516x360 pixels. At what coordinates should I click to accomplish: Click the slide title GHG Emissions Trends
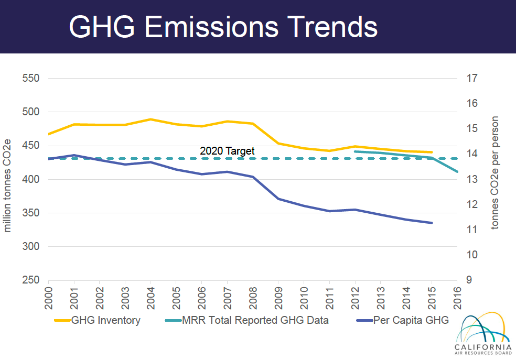223,26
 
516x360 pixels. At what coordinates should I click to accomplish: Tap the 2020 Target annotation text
227,151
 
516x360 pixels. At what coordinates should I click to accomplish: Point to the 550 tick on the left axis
31,79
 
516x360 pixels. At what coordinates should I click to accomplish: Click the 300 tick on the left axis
31,247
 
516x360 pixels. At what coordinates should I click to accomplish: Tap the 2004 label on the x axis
150,298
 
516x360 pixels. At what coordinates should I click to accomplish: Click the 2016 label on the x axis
457,298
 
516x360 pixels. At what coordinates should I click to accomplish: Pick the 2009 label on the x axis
278,298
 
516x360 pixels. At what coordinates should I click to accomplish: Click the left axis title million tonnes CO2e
7,179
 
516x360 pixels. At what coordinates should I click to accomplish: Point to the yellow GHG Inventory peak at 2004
150,119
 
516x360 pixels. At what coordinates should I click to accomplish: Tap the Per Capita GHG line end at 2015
432,223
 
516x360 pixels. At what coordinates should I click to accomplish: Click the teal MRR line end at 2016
457,171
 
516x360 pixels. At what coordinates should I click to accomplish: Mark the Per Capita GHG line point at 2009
278,199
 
